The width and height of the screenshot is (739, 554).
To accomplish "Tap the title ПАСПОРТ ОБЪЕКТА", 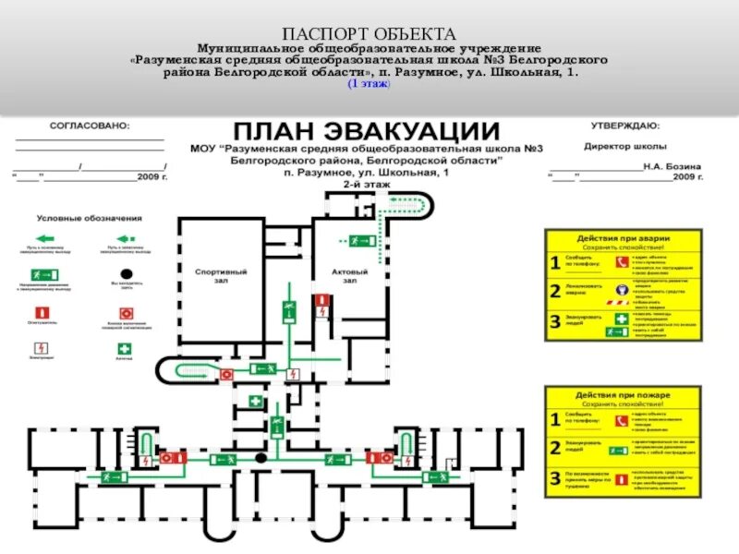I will pos(369,34).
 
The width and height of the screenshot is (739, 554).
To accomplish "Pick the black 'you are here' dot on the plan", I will pos(261,458).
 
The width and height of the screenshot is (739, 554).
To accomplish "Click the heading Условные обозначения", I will pos(90,218).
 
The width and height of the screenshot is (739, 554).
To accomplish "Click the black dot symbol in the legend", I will pos(124,275).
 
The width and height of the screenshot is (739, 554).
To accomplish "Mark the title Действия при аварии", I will pos(623,238).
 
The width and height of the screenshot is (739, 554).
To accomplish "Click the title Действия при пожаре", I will pos(623,394).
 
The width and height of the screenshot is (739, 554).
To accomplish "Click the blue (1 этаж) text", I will pos(369,84).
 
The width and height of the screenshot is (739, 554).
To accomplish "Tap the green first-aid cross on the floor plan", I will pos(256,402).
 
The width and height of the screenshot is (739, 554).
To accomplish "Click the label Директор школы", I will pos(624,146).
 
